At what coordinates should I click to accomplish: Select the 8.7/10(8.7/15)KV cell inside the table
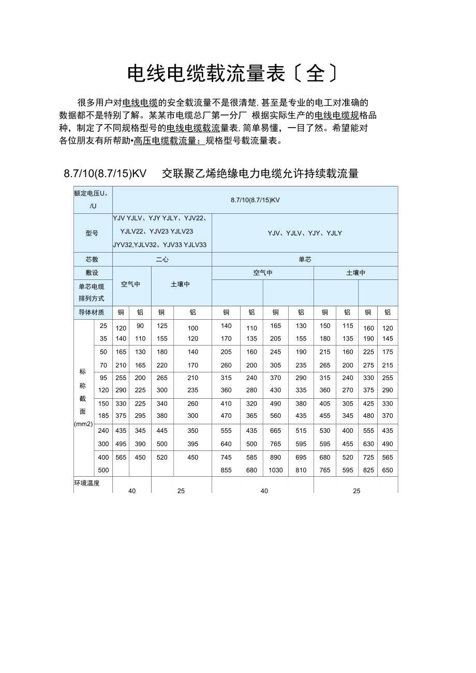pos(255,200)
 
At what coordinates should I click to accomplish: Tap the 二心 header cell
pos(162,259)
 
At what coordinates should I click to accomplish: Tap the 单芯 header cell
pos(305,259)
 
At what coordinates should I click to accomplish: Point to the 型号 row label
pos(92,233)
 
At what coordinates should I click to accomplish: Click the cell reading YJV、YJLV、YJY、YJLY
pos(305,233)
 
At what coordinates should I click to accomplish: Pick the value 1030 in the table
pos(276,470)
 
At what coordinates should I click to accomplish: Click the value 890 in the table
pos(276,457)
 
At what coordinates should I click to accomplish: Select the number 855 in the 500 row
pos(226,470)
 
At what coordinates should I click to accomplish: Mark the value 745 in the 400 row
pos(226,457)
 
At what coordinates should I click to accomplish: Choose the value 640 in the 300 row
pos(226,444)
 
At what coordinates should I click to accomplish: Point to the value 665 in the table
pos(276,430)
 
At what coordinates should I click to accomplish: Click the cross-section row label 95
pos(103,378)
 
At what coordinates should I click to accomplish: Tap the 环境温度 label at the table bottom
pos(86,483)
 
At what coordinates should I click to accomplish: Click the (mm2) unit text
pos(83,424)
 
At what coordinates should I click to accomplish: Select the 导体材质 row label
pos(92,312)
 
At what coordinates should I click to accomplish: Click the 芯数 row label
pos(92,259)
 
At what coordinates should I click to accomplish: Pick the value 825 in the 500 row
pos(368,470)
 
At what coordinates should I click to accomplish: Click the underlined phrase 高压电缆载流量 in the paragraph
pos(168,140)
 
